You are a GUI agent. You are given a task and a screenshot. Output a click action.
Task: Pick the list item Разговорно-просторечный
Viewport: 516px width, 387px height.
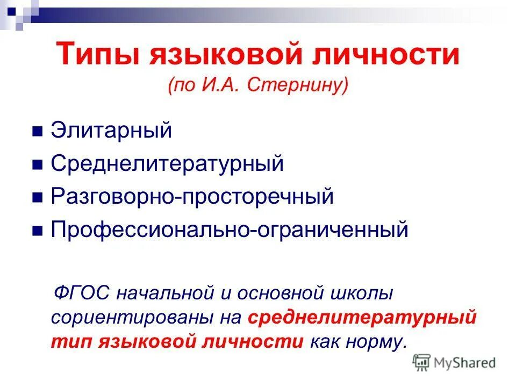coord(192,197)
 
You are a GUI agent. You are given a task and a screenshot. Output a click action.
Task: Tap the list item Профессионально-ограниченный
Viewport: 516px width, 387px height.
coord(230,230)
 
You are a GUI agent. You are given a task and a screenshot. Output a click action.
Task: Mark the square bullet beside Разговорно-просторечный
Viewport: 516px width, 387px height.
coord(38,198)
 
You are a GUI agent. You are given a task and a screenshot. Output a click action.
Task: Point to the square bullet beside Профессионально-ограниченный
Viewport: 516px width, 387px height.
coord(38,231)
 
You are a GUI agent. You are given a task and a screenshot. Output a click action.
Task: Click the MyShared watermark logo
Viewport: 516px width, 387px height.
coord(454,363)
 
